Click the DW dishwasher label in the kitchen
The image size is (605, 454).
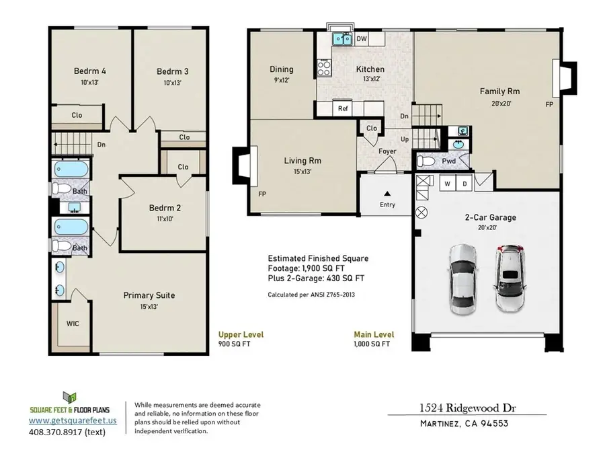(x=361, y=39)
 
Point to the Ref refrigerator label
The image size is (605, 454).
(x=343, y=108)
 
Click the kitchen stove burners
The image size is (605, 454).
(x=324, y=67)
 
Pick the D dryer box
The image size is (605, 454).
(x=464, y=183)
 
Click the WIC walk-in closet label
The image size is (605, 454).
(x=73, y=324)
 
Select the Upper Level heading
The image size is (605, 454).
(x=241, y=334)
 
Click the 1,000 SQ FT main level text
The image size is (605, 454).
(x=372, y=344)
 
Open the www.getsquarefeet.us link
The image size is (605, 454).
(x=73, y=420)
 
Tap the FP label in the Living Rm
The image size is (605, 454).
(x=261, y=194)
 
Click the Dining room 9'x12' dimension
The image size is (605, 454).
(x=281, y=80)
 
